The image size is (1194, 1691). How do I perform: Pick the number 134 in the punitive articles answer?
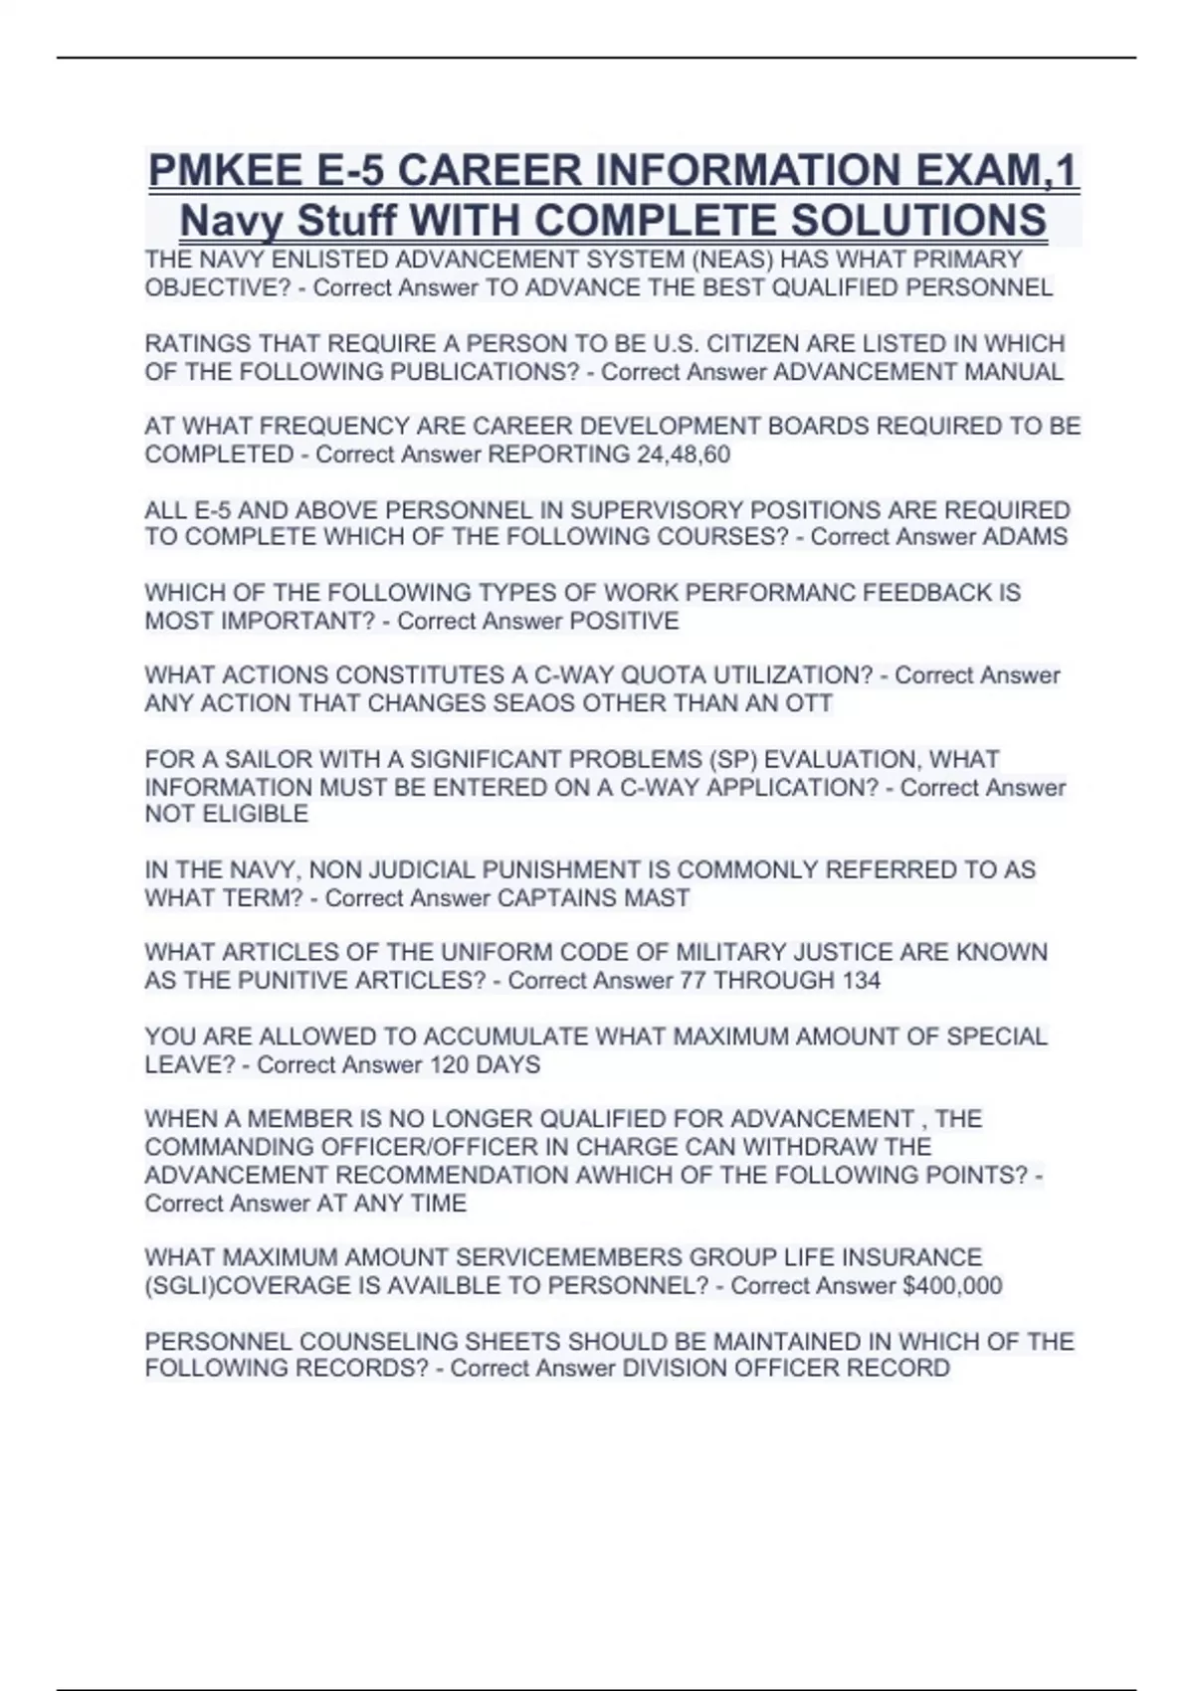tap(861, 981)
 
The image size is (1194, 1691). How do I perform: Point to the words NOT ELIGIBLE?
tap(227, 814)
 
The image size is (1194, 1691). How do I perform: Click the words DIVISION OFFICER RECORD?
tap(786, 1369)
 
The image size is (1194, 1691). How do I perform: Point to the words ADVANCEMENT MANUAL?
tap(918, 372)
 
